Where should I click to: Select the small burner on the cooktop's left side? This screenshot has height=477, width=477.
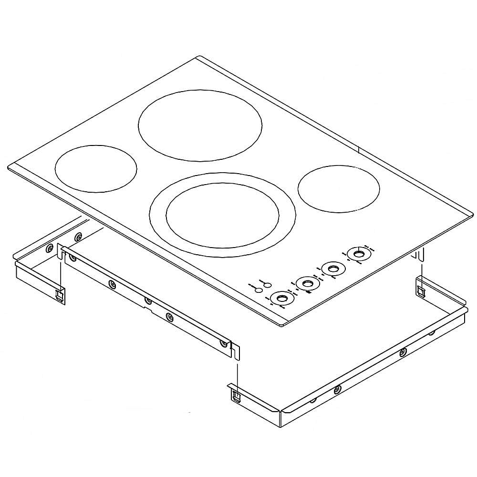click(x=96, y=168)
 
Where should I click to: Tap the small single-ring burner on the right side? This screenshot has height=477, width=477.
click(x=339, y=189)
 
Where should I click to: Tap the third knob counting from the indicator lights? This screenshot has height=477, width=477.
click(x=331, y=269)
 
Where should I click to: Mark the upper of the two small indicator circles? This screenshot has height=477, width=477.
click(x=268, y=285)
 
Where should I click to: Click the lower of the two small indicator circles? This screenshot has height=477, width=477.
click(x=258, y=290)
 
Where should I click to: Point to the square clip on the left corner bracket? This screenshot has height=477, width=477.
click(x=59, y=295)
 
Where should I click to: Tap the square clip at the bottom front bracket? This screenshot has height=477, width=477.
click(x=236, y=395)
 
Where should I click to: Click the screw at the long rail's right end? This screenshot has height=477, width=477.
click(x=223, y=343)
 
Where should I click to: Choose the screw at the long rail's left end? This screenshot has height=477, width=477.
click(x=73, y=258)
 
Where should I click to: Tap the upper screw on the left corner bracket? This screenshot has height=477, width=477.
click(x=78, y=236)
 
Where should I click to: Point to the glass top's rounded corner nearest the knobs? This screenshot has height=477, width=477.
click(x=282, y=325)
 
